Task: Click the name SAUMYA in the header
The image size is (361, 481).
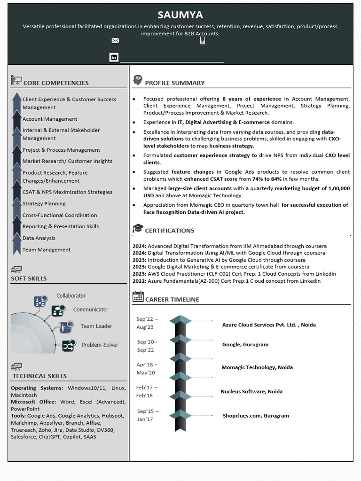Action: [x=180, y=15]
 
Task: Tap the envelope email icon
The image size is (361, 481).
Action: [x=115, y=41]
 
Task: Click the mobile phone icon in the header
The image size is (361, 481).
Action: [x=203, y=41]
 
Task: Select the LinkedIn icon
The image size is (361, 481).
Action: [x=114, y=57]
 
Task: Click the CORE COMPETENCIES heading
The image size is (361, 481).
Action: [x=56, y=83]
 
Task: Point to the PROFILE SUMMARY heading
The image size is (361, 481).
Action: [x=174, y=83]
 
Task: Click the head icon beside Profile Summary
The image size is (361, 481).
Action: [x=137, y=80]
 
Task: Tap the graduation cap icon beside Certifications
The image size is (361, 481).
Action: [x=138, y=228]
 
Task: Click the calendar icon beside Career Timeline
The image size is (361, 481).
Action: [x=138, y=296]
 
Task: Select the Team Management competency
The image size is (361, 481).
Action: [x=47, y=250]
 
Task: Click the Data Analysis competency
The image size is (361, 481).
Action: [x=39, y=238]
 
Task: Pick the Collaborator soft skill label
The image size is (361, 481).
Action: [x=71, y=295]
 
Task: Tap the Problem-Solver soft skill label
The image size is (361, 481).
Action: [x=100, y=345]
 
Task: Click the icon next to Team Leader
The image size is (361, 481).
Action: [x=66, y=326]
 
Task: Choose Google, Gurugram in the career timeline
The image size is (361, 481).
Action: [x=245, y=344]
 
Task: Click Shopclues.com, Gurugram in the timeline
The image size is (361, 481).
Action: [x=256, y=416]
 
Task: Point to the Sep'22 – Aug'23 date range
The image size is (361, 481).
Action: [x=147, y=323]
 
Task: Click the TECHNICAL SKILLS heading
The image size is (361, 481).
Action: [x=39, y=376]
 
